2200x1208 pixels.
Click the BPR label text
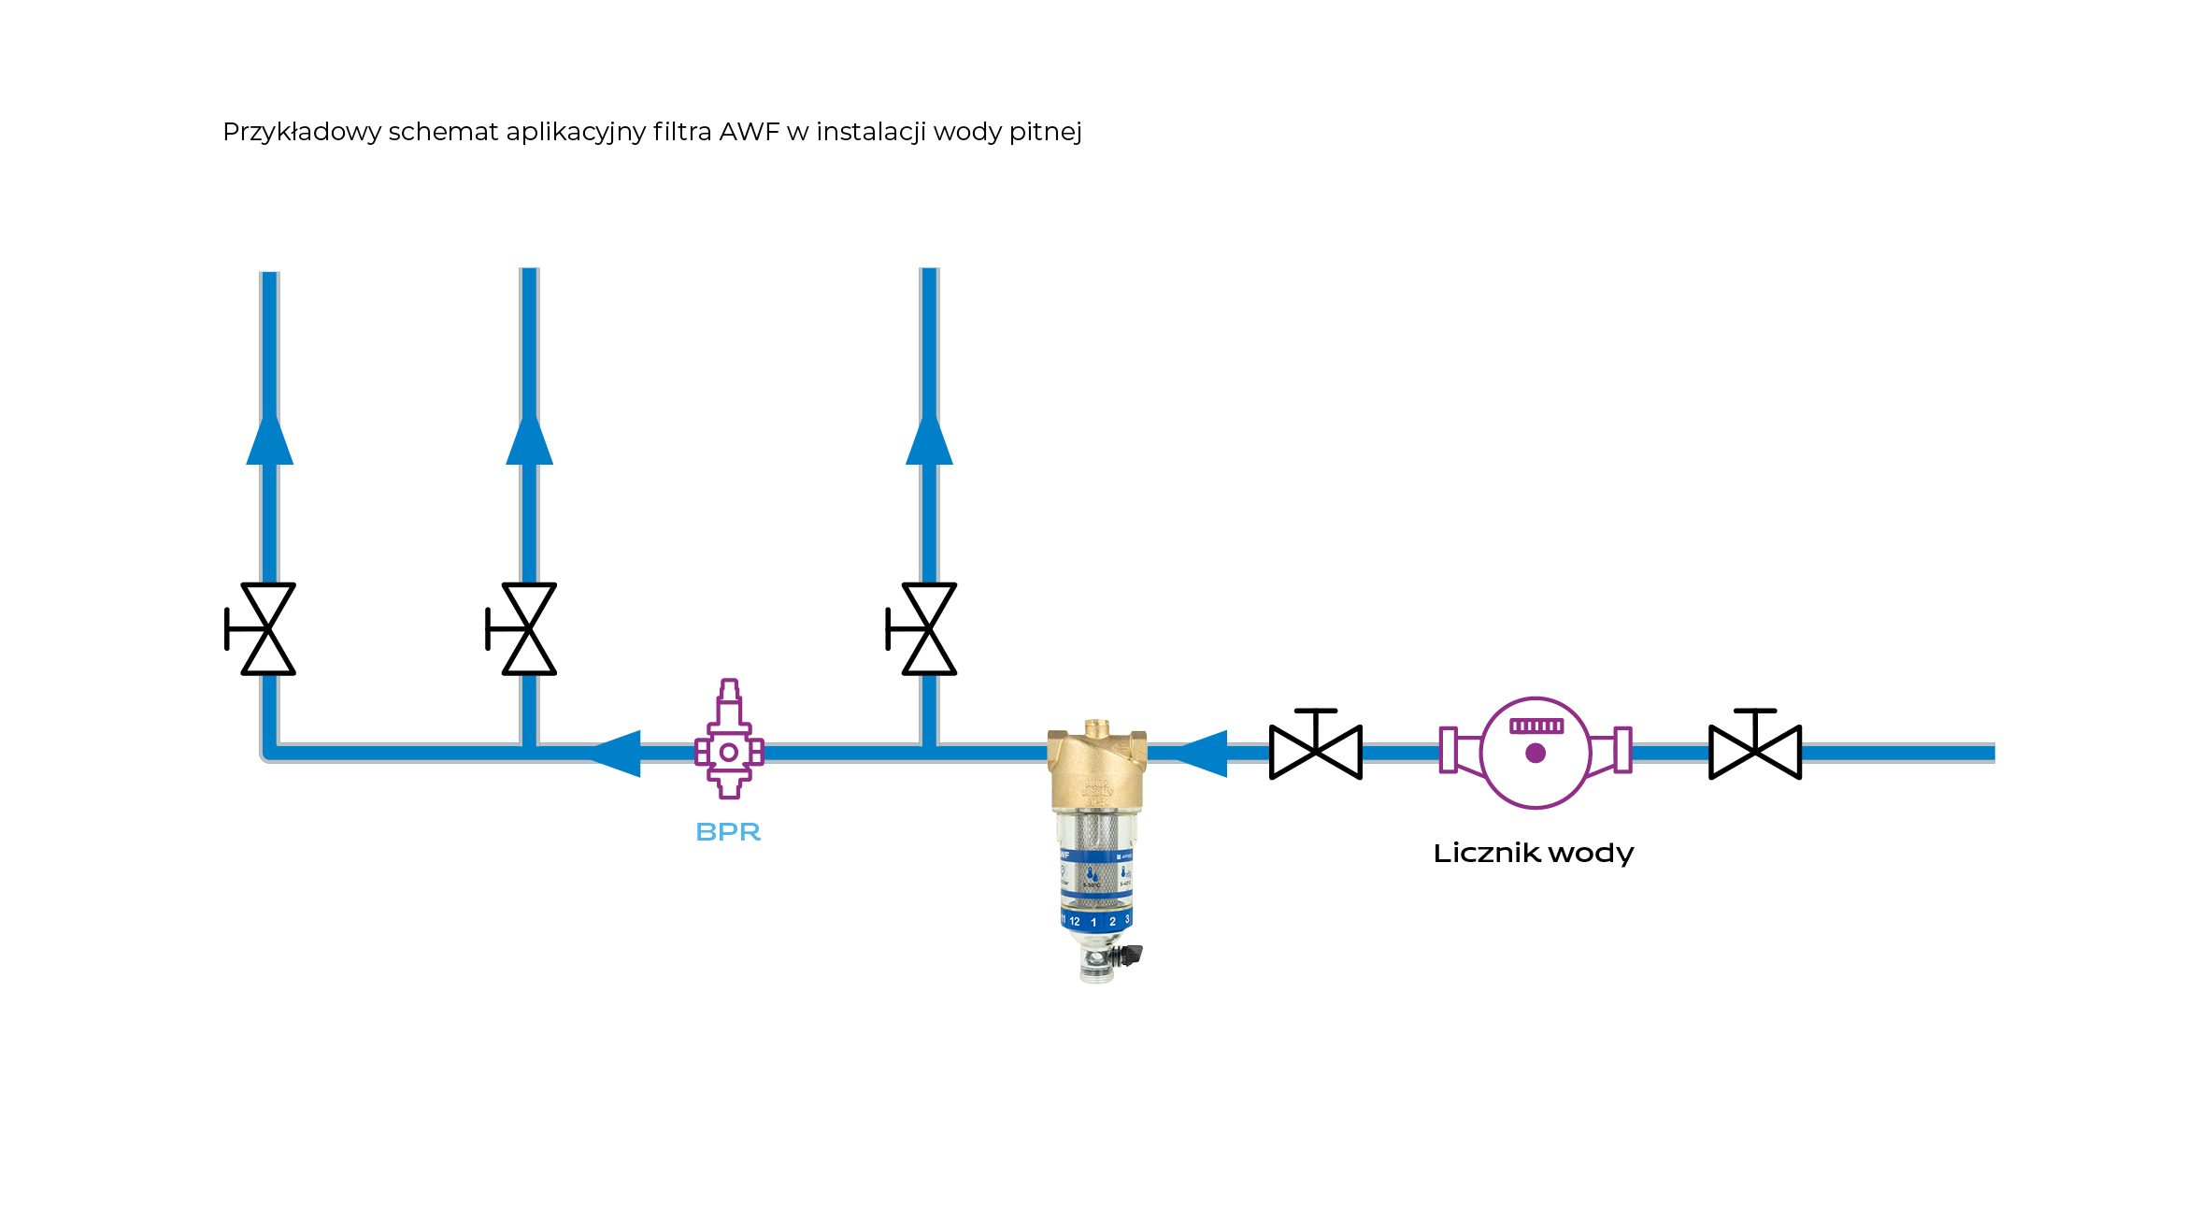tap(728, 831)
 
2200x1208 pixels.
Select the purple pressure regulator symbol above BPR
tap(729, 743)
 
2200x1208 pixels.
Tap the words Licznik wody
tap(1533, 853)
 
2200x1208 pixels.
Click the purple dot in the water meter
tap(1536, 754)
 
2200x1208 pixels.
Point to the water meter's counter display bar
tap(1536, 726)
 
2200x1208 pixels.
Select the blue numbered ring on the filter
tap(1096, 920)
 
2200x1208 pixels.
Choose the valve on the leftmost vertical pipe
tap(267, 629)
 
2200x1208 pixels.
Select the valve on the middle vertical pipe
tap(528, 629)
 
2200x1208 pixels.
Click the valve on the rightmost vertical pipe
tap(928, 629)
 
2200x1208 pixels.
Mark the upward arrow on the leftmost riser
tap(270, 439)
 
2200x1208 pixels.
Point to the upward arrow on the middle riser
tap(529, 439)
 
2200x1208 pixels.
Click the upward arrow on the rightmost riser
tap(929, 439)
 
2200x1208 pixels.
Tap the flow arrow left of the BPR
tap(617, 754)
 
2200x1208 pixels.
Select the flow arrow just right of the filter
tap(1204, 754)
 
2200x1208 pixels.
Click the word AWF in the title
tap(749, 132)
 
